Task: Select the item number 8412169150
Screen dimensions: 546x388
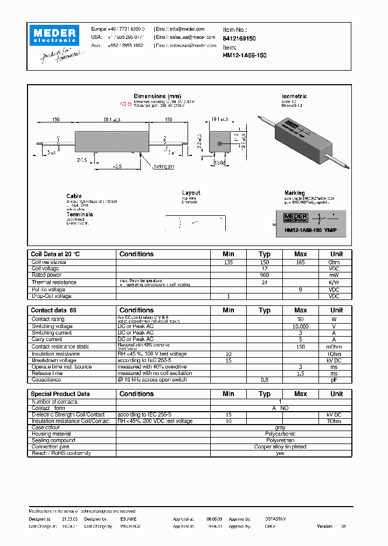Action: pos(239,39)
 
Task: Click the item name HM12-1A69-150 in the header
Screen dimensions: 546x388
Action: pos(245,55)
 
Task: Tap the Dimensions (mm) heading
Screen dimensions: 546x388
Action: pos(157,96)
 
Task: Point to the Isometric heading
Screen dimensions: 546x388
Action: pos(294,96)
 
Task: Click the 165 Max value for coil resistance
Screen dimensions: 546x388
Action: pos(300,262)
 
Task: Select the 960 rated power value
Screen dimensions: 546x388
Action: pos(264,275)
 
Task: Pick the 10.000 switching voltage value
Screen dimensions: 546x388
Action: pos(300,326)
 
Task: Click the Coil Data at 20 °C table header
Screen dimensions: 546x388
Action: pos(55,254)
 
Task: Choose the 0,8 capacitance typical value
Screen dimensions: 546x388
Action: pos(264,380)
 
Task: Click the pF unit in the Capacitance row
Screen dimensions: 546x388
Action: pos(334,380)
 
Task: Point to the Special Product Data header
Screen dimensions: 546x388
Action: pos(60,394)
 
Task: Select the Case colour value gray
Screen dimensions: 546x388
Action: pos(280,427)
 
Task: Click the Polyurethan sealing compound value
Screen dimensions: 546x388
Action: pos(280,440)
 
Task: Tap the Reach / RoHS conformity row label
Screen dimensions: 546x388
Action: pos(60,453)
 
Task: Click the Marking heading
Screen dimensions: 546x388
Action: pos(294,193)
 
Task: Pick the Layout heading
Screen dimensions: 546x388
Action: pos(191,193)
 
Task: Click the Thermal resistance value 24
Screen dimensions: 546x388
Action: pos(264,282)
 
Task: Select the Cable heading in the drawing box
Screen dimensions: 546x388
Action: pos(74,196)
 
